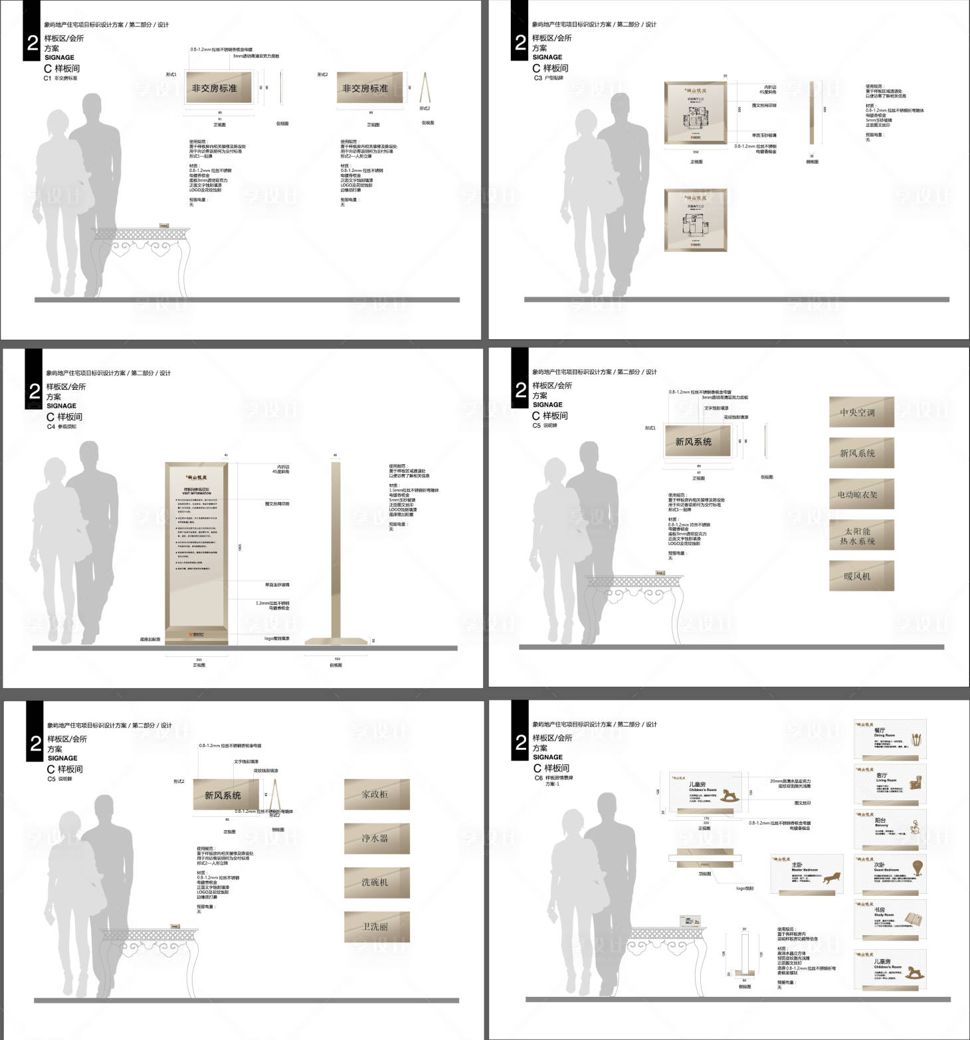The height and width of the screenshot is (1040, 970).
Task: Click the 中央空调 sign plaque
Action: tap(861, 412)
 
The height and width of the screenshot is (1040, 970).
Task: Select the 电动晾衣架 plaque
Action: tap(861, 495)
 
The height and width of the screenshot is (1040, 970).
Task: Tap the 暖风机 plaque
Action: tap(861, 576)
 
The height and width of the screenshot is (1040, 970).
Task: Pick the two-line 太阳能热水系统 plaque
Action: tap(861, 535)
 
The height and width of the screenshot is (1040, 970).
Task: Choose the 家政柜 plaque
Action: tap(376, 794)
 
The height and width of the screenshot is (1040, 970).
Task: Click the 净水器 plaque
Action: tap(376, 838)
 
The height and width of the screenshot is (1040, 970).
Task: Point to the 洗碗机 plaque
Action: tap(376, 883)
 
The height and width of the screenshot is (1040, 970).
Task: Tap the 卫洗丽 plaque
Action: tap(376, 926)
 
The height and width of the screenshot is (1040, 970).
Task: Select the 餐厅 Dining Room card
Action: tap(890, 739)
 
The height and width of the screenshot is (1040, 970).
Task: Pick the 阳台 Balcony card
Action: tap(890, 828)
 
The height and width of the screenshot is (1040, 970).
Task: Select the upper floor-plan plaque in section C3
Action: tap(696, 113)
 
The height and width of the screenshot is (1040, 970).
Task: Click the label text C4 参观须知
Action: tap(62, 427)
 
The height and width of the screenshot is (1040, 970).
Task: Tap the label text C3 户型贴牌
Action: tap(549, 78)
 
